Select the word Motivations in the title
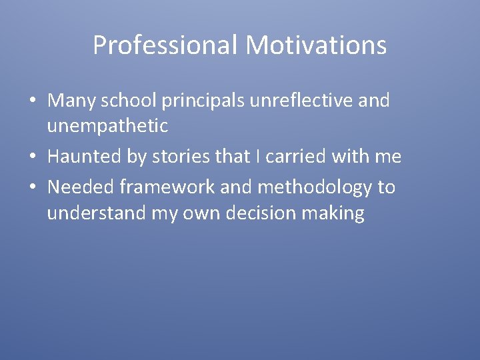315,45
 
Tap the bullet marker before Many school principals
32,101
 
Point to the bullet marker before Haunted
32,157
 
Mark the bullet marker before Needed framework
32,187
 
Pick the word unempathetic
107,125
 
